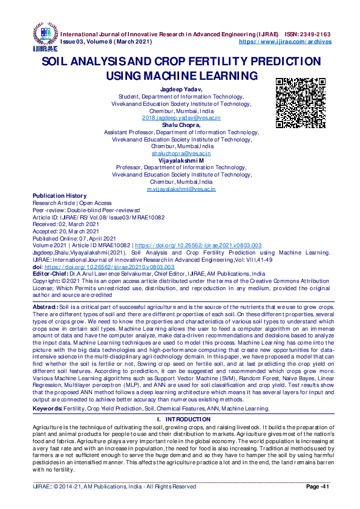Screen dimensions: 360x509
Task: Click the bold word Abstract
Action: (x=45, y=308)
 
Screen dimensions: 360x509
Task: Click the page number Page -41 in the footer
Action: (x=316, y=487)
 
